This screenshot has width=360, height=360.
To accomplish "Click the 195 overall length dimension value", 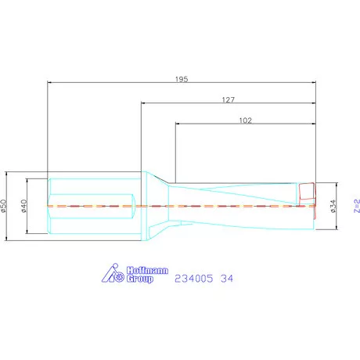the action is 182,79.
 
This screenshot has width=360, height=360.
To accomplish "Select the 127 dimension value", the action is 229,100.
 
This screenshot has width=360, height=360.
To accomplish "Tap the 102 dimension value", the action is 246,121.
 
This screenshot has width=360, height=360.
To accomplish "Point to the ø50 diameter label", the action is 3,206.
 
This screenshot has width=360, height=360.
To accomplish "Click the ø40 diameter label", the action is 23,206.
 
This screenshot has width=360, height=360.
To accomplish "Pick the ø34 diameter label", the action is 333,206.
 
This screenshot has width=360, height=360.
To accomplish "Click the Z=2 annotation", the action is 357,206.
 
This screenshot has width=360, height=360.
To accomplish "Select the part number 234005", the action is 193,279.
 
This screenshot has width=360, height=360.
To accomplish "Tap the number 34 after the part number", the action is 227,279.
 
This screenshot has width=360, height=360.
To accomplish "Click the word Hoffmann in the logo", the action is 147,270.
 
